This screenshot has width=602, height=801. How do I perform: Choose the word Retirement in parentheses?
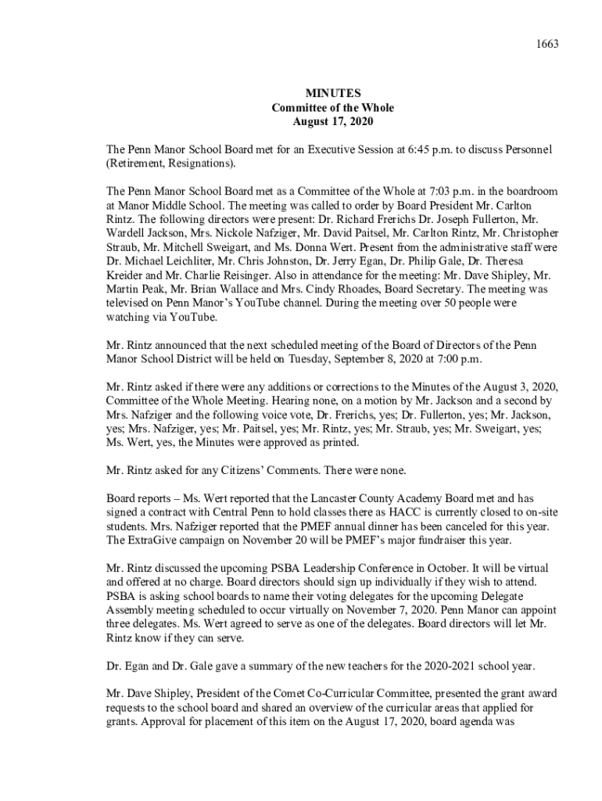[x=139, y=163]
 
